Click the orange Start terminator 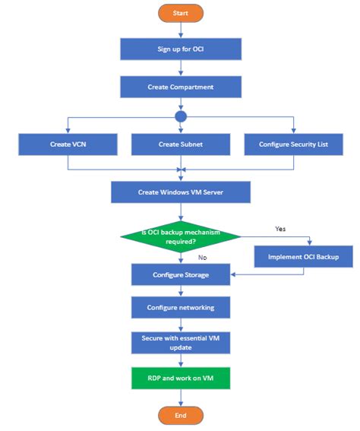click(x=181, y=13)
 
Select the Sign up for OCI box click(x=181, y=49)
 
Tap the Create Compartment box click(x=181, y=87)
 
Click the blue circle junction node click(x=181, y=116)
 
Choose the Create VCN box click(x=68, y=144)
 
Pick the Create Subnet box click(x=181, y=144)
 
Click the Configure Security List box click(x=293, y=144)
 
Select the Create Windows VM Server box click(x=181, y=192)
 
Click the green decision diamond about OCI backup click(x=181, y=236)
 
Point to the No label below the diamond click(x=202, y=258)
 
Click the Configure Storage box click(x=181, y=274)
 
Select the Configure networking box click(x=181, y=307)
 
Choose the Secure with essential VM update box click(x=181, y=342)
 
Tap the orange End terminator click(x=181, y=415)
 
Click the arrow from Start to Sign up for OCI click(x=181, y=30)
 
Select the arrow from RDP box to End click(x=181, y=398)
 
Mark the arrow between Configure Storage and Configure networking click(x=181, y=290)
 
